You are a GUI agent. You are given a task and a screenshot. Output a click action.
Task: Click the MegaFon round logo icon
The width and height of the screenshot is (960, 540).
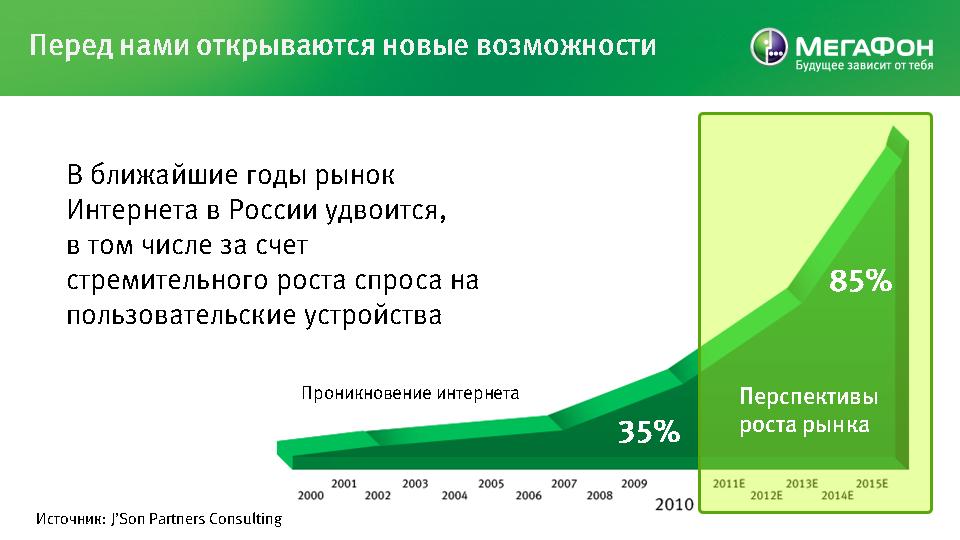tap(769, 47)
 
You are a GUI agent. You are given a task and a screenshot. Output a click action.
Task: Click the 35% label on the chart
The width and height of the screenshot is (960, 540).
tap(648, 432)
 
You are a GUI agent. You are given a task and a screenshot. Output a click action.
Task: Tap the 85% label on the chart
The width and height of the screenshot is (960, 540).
tap(860, 281)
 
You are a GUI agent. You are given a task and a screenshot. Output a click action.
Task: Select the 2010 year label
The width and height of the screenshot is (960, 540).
tap(674, 504)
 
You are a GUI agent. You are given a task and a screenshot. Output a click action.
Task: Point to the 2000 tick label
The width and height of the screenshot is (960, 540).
tap(310, 495)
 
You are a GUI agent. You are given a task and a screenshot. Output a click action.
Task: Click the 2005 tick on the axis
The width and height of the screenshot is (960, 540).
tap(491, 484)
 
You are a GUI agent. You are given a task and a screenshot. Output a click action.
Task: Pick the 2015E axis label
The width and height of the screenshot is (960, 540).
tap(872, 484)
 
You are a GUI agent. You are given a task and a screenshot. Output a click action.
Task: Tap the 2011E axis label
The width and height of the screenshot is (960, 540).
tap(729, 484)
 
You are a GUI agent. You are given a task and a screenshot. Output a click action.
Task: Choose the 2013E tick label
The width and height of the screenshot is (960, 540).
tap(801, 484)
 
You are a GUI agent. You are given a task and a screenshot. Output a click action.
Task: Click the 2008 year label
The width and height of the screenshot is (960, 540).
tap(599, 495)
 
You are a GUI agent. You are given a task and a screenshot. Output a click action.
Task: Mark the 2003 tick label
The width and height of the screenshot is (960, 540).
tap(415, 484)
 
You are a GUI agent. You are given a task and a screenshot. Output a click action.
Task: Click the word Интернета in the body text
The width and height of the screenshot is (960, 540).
tap(132, 210)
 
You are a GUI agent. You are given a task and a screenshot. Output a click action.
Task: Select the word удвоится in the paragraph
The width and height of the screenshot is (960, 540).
tap(385, 211)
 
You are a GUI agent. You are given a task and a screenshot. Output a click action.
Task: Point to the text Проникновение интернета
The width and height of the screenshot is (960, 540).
tap(410, 393)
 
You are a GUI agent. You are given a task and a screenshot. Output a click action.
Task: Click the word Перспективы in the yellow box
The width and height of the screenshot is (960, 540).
tap(809, 397)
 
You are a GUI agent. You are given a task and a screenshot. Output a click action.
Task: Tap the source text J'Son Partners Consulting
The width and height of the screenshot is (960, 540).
tap(196, 519)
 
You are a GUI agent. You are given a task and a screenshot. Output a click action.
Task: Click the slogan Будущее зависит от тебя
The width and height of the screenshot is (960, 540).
tap(864, 66)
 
